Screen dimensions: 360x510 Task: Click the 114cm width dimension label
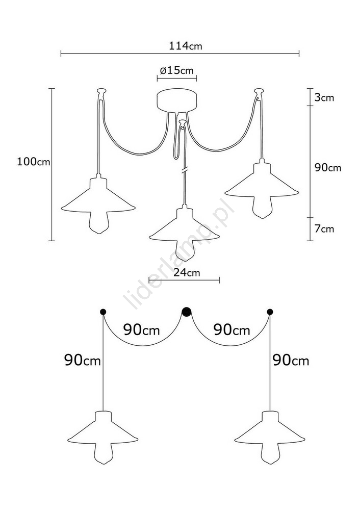pyautogui.click(x=185, y=46)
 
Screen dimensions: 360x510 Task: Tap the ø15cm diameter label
pyautogui.click(x=176, y=70)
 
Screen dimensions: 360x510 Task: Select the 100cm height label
pyautogui.click(x=34, y=162)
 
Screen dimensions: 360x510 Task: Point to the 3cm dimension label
pyautogui.click(x=324, y=97)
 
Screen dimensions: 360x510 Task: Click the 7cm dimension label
pyautogui.click(x=324, y=228)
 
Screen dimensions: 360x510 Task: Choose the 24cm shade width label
pyautogui.click(x=186, y=272)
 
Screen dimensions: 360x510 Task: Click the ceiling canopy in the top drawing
pyautogui.click(x=177, y=101)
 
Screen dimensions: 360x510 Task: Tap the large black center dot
pyautogui.click(x=186, y=312)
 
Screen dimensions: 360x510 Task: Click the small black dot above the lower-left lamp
pyautogui.click(x=103, y=312)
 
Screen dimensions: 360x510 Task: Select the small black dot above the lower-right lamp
pyautogui.click(x=270, y=312)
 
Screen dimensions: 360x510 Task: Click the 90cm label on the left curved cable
pyautogui.click(x=141, y=330)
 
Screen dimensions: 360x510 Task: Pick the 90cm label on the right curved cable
pyautogui.click(x=232, y=330)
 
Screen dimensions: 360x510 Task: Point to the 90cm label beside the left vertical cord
pyautogui.click(x=83, y=361)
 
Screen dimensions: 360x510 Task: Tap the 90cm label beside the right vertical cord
pyautogui.click(x=291, y=361)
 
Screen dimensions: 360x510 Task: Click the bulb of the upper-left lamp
pyautogui.click(x=98, y=222)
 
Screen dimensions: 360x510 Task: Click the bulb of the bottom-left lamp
pyautogui.click(x=103, y=453)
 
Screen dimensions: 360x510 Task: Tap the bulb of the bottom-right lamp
pyautogui.click(x=270, y=453)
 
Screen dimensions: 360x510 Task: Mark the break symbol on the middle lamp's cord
pyautogui.click(x=185, y=170)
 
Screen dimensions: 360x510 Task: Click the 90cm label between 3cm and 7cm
pyautogui.click(x=328, y=167)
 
